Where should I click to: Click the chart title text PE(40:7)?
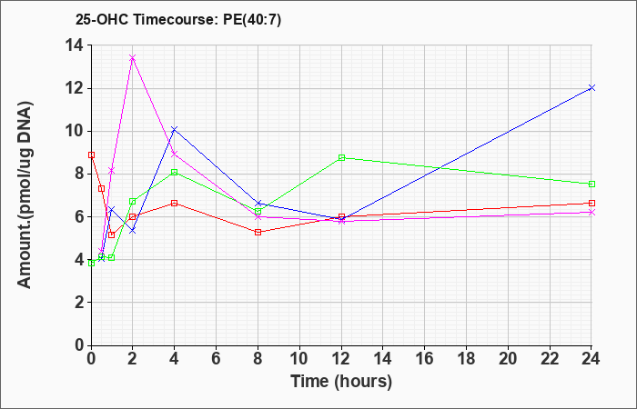tap(252, 20)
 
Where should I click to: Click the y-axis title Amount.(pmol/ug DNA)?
tap(25, 195)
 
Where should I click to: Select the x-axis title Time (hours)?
tap(341, 382)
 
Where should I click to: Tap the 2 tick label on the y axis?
tap(79, 303)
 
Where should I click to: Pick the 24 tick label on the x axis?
tap(591, 359)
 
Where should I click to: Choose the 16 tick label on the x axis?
tap(424, 359)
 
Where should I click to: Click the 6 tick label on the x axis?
tap(216, 359)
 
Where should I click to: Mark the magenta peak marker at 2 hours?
tap(133, 58)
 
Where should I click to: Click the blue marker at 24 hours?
tap(591, 87)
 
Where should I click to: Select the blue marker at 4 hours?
tap(175, 129)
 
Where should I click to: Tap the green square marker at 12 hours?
tap(341, 157)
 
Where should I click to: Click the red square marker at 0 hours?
tap(91, 155)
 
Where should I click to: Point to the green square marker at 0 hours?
tap(91, 263)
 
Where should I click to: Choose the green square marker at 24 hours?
tap(591, 184)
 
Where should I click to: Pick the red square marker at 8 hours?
tap(258, 232)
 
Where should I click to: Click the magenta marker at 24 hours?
tap(591, 212)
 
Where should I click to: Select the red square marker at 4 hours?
tap(175, 203)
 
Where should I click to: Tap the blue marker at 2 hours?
tap(133, 231)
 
